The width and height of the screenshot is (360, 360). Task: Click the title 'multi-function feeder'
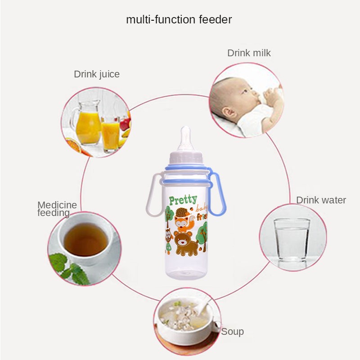tap(179, 20)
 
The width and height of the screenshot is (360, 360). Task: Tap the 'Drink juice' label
tap(97, 74)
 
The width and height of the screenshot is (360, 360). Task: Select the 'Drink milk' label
tap(249, 53)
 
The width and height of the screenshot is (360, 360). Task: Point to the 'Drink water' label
tap(321, 200)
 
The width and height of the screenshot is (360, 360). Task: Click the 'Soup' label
tap(232, 332)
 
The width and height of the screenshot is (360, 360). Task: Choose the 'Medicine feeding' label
tap(57, 209)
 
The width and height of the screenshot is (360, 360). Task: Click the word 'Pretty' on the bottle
tap(183, 200)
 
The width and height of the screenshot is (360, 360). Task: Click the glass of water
tap(292, 238)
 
